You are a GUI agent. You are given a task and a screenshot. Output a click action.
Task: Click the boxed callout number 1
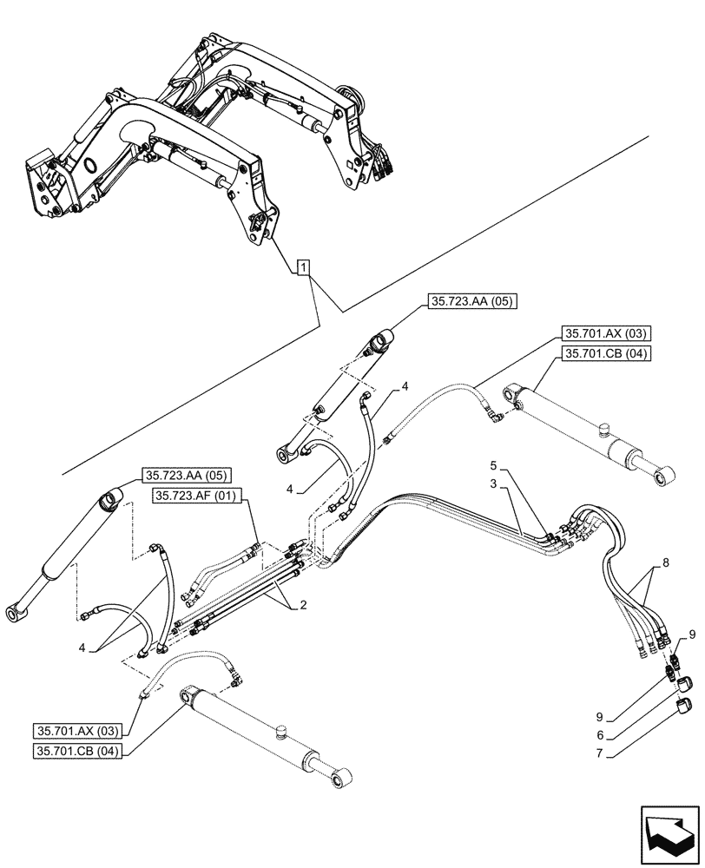coord(301,267)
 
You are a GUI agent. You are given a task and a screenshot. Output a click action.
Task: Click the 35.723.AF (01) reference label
coord(199,495)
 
